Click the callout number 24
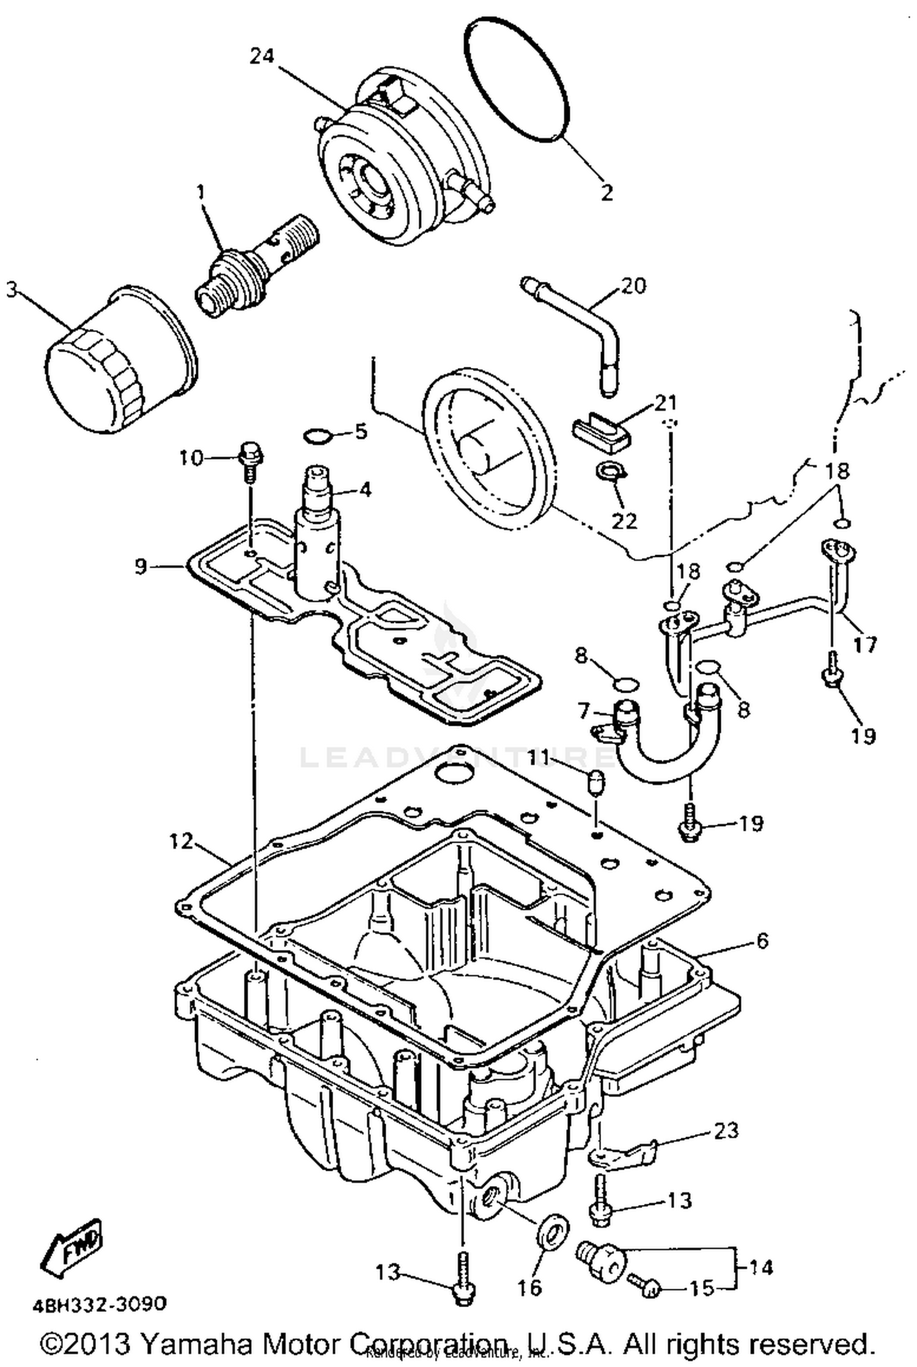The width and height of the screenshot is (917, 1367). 262,56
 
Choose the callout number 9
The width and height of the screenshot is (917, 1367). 141,567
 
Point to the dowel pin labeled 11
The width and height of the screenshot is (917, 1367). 595,782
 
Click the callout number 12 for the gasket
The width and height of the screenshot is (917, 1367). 182,842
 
